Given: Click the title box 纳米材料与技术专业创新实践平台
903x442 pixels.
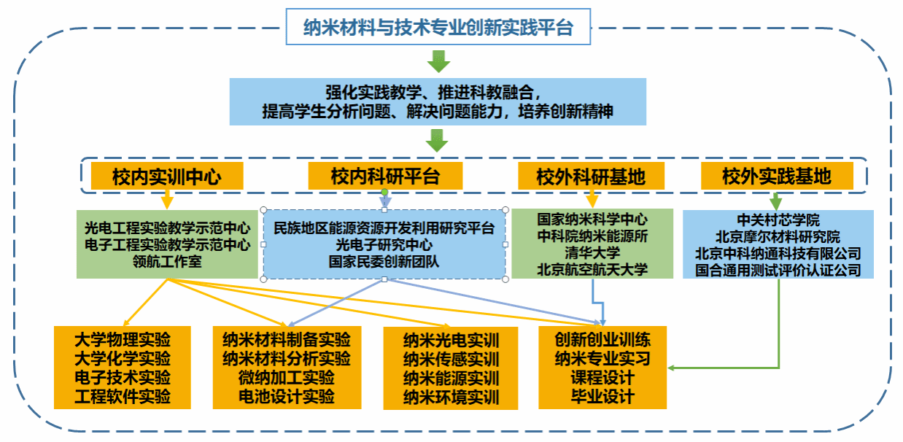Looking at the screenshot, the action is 438,26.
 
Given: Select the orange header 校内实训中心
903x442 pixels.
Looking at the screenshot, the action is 167,176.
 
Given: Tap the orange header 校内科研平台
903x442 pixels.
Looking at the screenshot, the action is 385,176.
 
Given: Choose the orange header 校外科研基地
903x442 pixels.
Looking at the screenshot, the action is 591,176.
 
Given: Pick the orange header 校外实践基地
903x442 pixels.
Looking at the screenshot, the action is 777,176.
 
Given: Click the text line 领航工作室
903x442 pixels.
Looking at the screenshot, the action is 167,261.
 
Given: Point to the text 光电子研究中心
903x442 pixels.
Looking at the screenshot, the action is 384,244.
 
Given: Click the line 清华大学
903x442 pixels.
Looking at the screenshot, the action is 592,253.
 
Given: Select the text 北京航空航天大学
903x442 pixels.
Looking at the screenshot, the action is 592,269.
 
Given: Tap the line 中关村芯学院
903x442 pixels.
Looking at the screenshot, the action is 778,220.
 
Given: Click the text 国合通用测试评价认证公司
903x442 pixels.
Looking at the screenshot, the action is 778,270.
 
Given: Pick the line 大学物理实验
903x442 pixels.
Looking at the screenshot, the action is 123,340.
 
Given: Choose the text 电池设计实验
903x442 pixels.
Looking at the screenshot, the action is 287,397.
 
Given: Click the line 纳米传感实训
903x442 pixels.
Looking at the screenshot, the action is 451,360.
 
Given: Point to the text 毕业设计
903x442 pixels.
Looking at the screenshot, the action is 602,397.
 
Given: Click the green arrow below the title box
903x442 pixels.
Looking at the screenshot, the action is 438,61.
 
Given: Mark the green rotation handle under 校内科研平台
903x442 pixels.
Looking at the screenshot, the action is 384,192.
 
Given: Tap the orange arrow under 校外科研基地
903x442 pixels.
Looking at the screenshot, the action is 592,199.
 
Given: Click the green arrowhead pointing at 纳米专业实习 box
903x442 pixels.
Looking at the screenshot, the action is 671,368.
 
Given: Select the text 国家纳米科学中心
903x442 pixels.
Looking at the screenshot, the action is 592,220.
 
